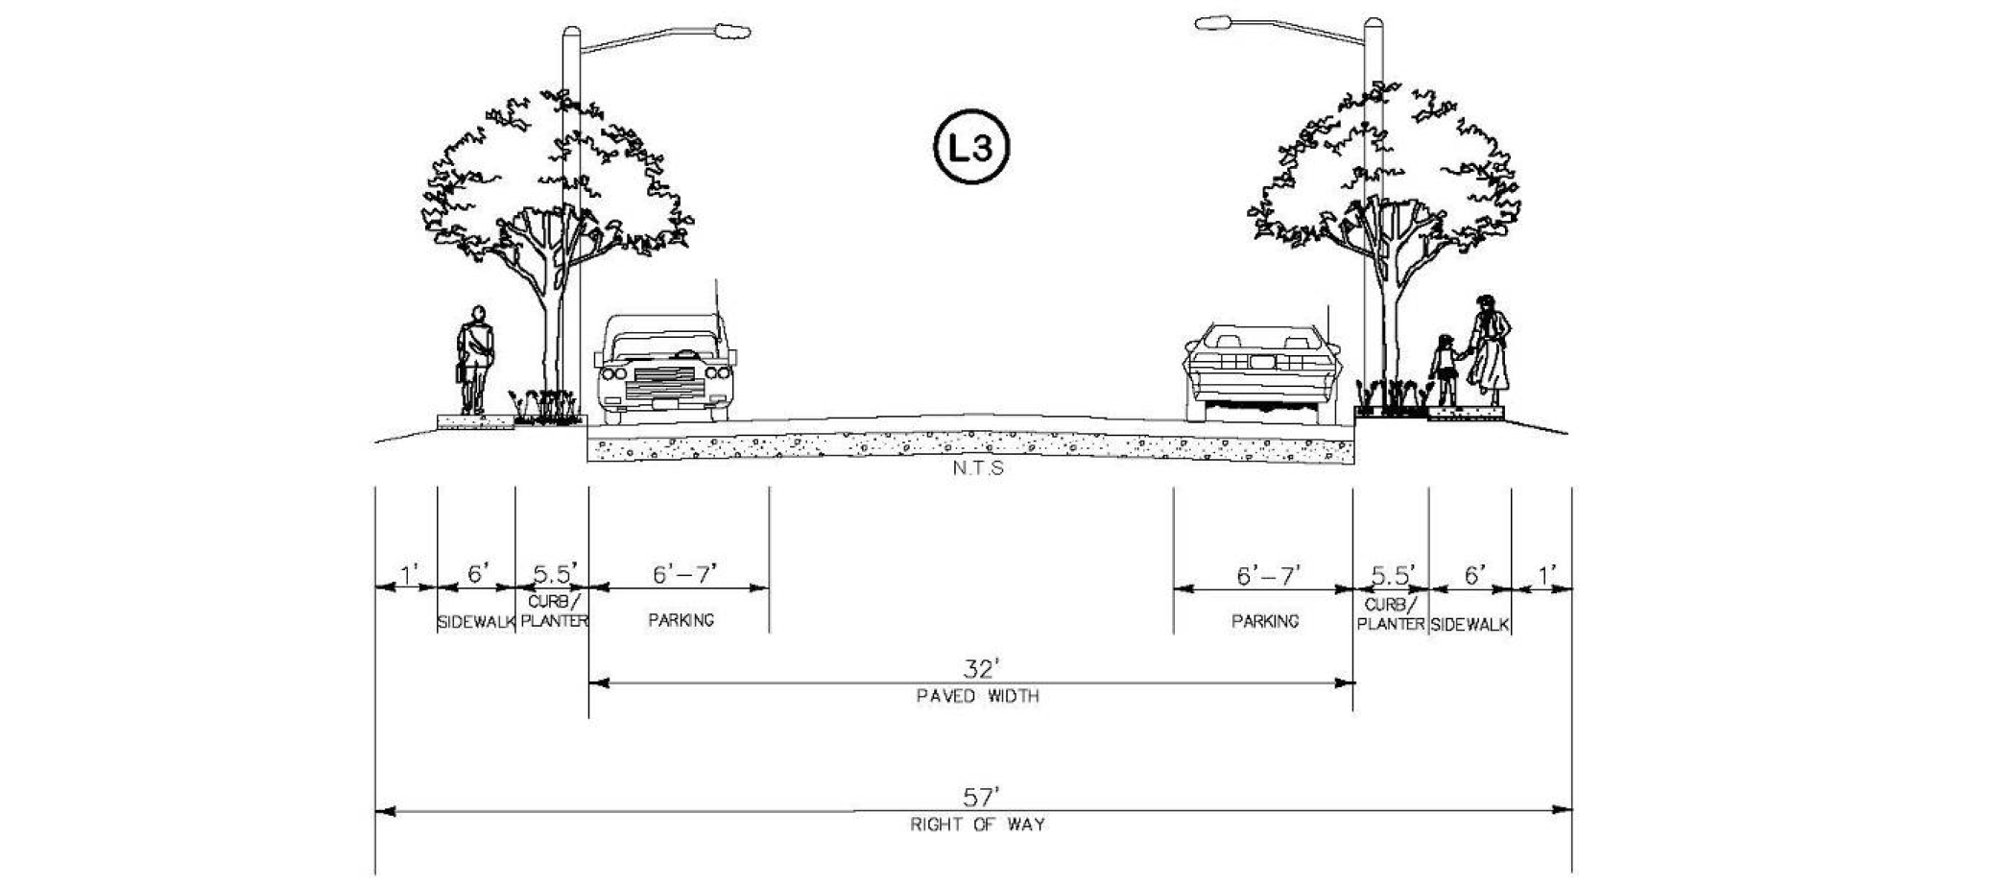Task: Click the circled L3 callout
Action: point(970,149)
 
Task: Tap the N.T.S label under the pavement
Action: point(978,468)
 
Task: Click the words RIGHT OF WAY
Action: point(977,825)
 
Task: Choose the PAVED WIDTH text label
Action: point(977,696)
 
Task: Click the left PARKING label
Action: point(681,620)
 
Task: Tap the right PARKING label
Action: point(1265,621)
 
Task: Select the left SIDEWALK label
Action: point(476,623)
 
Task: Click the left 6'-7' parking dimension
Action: point(684,575)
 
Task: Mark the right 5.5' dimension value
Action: point(1393,576)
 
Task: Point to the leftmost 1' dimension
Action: point(409,576)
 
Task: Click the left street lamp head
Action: point(733,32)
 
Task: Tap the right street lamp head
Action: point(1212,22)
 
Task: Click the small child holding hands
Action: point(1443,369)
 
